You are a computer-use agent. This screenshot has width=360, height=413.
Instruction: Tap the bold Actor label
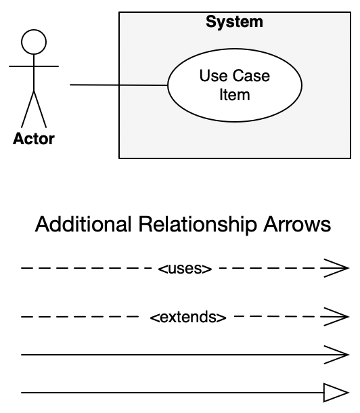(x=34, y=139)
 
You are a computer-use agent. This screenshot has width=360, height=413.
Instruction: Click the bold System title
(x=234, y=22)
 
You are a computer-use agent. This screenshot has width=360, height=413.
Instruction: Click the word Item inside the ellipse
(x=235, y=95)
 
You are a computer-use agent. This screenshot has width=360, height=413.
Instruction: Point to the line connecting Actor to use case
(x=118, y=85)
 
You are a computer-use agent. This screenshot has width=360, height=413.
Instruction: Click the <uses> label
(x=185, y=268)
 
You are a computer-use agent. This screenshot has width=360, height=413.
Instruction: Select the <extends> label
(x=188, y=317)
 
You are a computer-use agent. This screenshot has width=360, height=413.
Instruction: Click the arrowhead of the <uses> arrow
(x=336, y=268)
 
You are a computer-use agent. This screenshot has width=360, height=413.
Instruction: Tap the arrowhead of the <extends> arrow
(x=336, y=317)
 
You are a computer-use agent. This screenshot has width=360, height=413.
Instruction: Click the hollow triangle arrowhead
(x=336, y=393)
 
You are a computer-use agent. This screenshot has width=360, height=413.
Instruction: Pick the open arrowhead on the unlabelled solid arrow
(x=336, y=355)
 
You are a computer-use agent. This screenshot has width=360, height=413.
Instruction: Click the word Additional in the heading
(x=83, y=224)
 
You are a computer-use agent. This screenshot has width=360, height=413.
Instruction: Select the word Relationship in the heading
(x=198, y=225)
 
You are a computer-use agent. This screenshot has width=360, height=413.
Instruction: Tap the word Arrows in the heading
(x=297, y=225)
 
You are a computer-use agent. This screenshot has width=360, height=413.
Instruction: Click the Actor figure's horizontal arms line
(x=34, y=66)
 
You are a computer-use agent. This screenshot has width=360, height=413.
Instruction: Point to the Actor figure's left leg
(x=27, y=109)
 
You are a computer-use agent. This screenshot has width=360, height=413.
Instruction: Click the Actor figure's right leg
(x=40, y=109)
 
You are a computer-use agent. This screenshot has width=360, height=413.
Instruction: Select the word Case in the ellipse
(x=251, y=76)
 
